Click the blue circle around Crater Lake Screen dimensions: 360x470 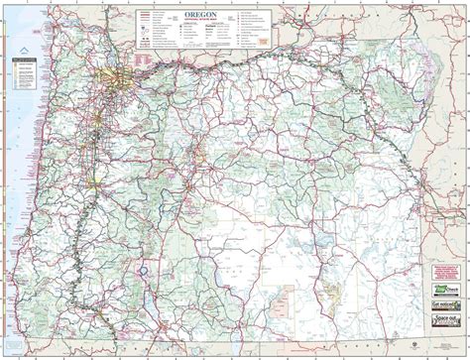click(144, 269)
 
